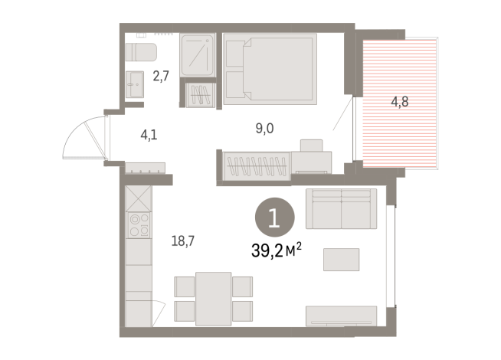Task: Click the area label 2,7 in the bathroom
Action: (161, 76)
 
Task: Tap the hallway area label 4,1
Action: (149, 136)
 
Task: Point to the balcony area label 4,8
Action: (399, 100)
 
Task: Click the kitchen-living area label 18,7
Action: (182, 241)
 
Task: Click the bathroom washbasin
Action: (136, 83)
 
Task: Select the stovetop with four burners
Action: (139, 225)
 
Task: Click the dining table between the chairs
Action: (213, 297)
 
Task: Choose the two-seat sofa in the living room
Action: (341, 208)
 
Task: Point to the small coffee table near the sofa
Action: (341, 259)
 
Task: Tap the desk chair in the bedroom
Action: (312, 147)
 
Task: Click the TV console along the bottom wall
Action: (341, 316)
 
